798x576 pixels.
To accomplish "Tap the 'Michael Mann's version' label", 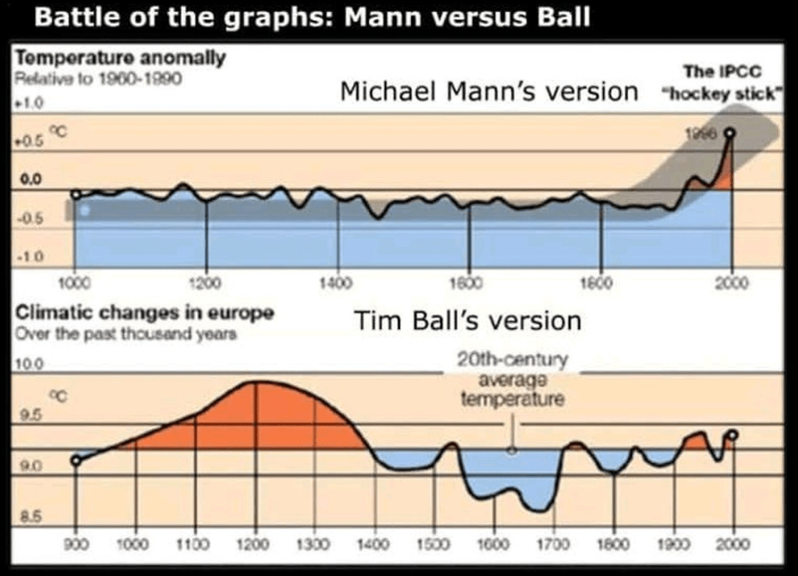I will [x=489, y=91].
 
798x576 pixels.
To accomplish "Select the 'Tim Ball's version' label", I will [x=468, y=320].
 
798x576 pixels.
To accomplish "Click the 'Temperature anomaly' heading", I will [x=121, y=58].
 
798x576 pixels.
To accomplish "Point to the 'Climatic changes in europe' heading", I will [x=145, y=313].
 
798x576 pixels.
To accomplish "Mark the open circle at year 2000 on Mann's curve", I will [x=729, y=134].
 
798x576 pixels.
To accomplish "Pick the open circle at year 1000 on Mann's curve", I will [x=76, y=194].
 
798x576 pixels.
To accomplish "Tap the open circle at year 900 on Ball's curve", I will [x=76, y=461].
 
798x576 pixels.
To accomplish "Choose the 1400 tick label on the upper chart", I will [x=337, y=283].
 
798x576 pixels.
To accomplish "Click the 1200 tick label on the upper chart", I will [x=207, y=283].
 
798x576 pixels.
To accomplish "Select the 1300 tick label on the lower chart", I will [x=314, y=542].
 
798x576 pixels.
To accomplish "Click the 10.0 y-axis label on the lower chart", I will [x=28, y=364].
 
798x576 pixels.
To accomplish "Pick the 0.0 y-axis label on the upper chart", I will [x=30, y=181].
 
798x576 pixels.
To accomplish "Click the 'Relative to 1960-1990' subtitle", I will [x=98, y=79].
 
